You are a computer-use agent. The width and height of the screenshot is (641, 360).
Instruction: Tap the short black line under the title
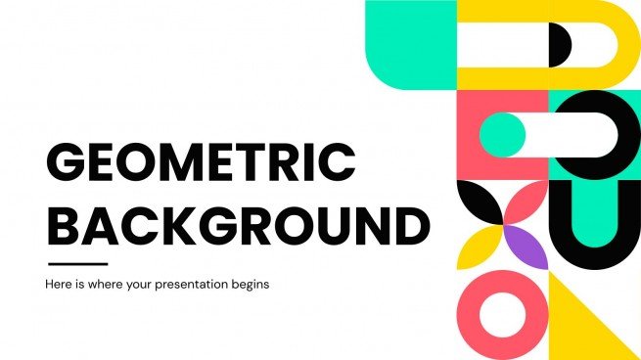(78, 263)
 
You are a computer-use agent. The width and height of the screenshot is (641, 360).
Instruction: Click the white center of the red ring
(502, 315)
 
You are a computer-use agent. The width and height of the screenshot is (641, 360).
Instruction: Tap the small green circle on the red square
(501, 134)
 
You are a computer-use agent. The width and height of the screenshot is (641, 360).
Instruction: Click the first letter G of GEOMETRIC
(68, 163)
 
